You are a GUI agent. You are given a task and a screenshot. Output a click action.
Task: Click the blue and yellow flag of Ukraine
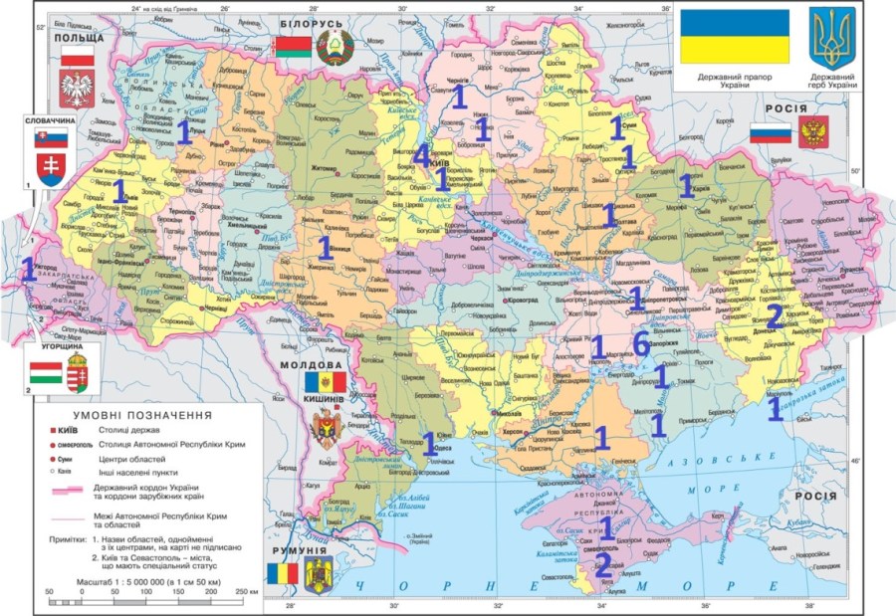(734, 38)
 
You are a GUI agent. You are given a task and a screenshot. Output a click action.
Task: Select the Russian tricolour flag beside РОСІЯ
(770, 132)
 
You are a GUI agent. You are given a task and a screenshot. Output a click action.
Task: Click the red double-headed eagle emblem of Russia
(814, 132)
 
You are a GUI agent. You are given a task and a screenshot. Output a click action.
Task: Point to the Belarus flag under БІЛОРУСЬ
(292, 47)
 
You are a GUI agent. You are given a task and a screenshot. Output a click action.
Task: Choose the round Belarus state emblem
(330, 46)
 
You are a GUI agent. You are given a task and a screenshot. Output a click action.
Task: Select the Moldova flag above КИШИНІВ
(325, 381)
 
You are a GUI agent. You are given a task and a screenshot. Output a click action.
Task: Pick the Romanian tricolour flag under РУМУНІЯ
(283, 573)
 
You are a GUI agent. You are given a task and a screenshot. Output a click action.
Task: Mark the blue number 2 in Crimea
(602, 564)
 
